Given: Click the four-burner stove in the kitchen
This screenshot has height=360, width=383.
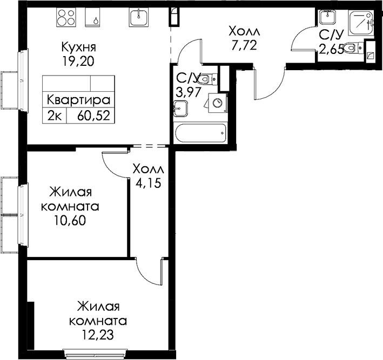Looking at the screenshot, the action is [66, 17].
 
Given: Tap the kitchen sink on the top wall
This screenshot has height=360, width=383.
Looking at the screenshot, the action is [138, 17].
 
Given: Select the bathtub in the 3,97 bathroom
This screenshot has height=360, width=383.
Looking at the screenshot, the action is [200, 133].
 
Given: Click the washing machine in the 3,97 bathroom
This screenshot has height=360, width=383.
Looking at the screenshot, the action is [217, 103].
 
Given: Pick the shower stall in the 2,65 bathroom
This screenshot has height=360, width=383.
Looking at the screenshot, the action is [361, 23].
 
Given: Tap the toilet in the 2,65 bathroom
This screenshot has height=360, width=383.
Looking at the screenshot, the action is [353, 47].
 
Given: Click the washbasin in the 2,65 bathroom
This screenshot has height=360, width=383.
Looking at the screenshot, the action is [327, 17].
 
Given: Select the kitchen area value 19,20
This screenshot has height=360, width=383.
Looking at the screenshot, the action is [78, 62].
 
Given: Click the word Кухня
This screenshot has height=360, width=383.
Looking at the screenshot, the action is [79, 47].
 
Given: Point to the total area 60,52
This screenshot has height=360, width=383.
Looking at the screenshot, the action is [93, 116].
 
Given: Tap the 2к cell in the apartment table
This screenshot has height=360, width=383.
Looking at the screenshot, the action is [54, 116].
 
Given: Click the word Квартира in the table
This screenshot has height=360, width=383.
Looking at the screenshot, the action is [78, 100].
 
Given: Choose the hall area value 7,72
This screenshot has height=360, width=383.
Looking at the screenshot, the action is [244, 45].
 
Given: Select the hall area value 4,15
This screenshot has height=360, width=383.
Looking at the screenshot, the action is [149, 183].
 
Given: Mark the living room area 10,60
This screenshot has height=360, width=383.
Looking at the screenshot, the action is [70, 221].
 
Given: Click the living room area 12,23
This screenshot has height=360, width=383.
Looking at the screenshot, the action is [98, 335].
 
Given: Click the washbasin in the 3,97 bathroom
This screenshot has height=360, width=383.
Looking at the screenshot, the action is [181, 108].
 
